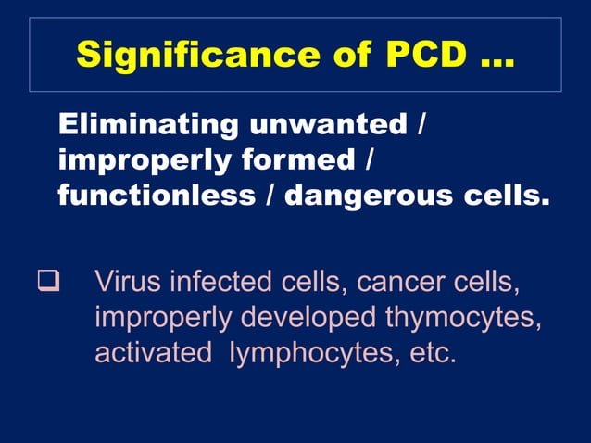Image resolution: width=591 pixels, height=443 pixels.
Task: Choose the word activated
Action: pos(153,353)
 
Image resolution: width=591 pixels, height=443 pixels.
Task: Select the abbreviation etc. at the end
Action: pos(434,353)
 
